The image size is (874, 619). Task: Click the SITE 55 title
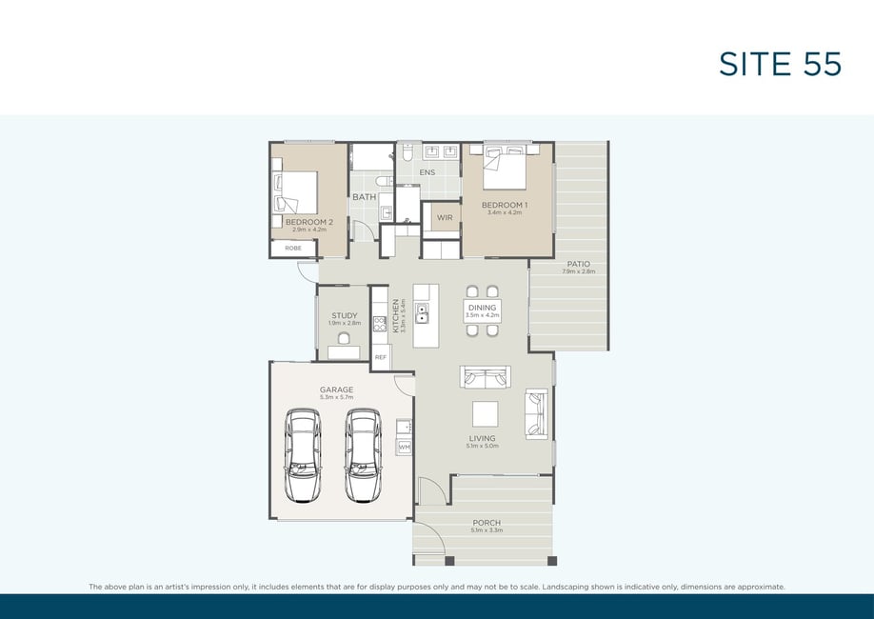click(780, 64)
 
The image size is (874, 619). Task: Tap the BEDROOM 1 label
click(505, 205)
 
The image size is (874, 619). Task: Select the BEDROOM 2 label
click(309, 222)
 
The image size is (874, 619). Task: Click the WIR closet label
click(445, 217)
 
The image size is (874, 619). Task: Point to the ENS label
click(427, 172)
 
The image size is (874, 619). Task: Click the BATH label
click(365, 197)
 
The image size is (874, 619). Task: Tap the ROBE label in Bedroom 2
click(293, 249)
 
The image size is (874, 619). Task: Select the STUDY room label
click(345, 315)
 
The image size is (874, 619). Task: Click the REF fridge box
click(381, 357)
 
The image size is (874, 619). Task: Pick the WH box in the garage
click(404, 448)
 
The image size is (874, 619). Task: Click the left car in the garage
click(303, 455)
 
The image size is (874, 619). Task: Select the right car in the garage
click(363, 455)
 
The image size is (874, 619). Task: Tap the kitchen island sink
click(422, 314)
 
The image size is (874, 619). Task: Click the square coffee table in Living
click(485, 414)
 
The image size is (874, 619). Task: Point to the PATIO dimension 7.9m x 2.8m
click(579, 271)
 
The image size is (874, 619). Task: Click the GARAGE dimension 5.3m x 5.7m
click(337, 397)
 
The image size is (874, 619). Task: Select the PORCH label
click(487, 523)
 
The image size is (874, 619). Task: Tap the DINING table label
click(482, 308)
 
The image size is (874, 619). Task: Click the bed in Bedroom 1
click(505, 168)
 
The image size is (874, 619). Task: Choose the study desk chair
click(344, 338)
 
